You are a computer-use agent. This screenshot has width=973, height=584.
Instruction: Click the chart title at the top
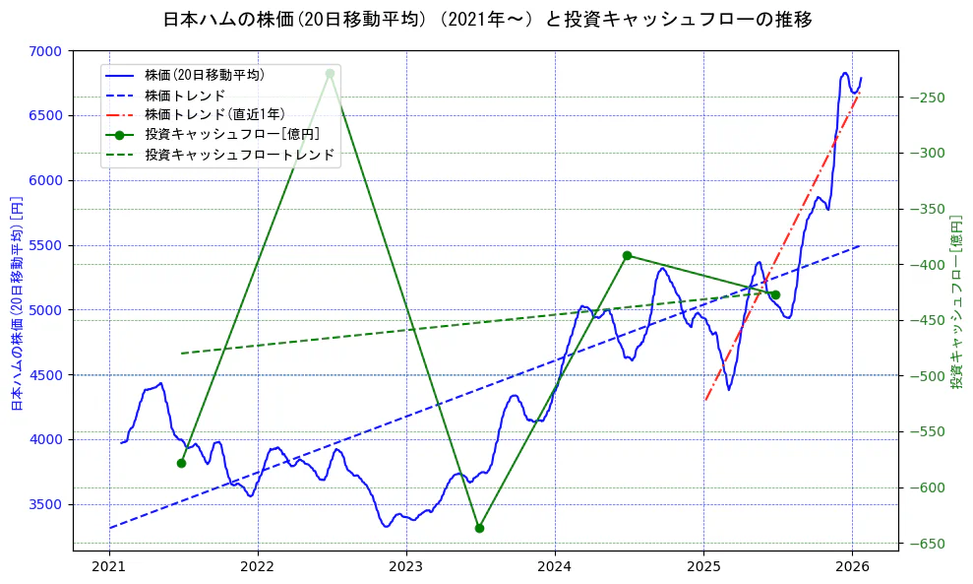pos(486,20)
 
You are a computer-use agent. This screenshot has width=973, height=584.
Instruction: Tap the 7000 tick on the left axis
pos(48,51)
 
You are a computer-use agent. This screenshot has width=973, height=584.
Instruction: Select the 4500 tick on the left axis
pos(48,375)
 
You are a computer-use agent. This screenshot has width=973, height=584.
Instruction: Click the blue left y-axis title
pos(16,301)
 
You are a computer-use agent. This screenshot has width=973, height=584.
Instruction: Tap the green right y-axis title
pos(955,299)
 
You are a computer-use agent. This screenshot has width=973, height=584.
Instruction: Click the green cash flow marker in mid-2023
pos(479,528)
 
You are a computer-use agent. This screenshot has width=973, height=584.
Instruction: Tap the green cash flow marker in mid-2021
pos(181,463)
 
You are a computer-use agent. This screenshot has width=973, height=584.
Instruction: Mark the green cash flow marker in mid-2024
pos(627,255)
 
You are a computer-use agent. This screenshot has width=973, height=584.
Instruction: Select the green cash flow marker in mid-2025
pos(775,294)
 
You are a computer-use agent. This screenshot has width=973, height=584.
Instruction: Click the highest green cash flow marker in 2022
pos(330,73)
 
